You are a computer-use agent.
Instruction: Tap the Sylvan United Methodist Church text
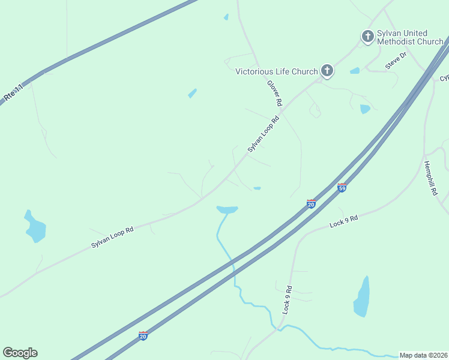(x=409, y=37)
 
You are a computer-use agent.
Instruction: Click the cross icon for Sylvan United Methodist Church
(x=367, y=37)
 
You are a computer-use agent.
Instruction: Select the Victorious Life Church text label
(x=276, y=71)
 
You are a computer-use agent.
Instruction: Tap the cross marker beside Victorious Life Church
(x=327, y=71)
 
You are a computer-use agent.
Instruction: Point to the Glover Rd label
(x=274, y=93)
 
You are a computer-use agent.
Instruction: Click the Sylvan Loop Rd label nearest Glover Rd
(x=264, y=134)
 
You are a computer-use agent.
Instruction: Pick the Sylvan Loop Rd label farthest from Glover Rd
(x=112, y=238)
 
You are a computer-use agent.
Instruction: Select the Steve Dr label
(x=396, y=60)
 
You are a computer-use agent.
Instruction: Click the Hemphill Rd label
(x=430, y=178)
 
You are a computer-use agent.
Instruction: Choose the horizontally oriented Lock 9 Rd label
(x=343, y=221)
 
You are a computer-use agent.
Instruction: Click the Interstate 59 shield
(x=342, y=188)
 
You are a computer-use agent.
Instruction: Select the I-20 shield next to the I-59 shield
(x=311, y=204)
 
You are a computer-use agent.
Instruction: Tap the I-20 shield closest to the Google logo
(x=143, y=335)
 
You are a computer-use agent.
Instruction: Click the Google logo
(x=20, y=353)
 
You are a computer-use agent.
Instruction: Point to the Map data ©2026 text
(x=423, y=355)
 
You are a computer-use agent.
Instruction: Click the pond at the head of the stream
(x=228, y=209)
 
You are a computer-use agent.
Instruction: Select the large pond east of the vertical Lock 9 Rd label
(x=361, y=297)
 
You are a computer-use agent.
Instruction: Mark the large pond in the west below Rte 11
(x=35, y=227)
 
